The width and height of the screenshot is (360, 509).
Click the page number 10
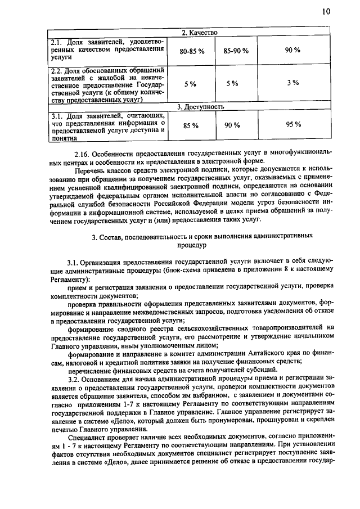coord(327,12)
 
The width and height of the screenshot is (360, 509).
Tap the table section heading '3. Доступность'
coord(201,106)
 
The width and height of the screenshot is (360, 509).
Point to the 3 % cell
coord(292,83)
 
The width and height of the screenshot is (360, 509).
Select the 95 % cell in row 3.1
coord(292,125)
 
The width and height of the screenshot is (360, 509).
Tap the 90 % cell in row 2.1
coord(292,51)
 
